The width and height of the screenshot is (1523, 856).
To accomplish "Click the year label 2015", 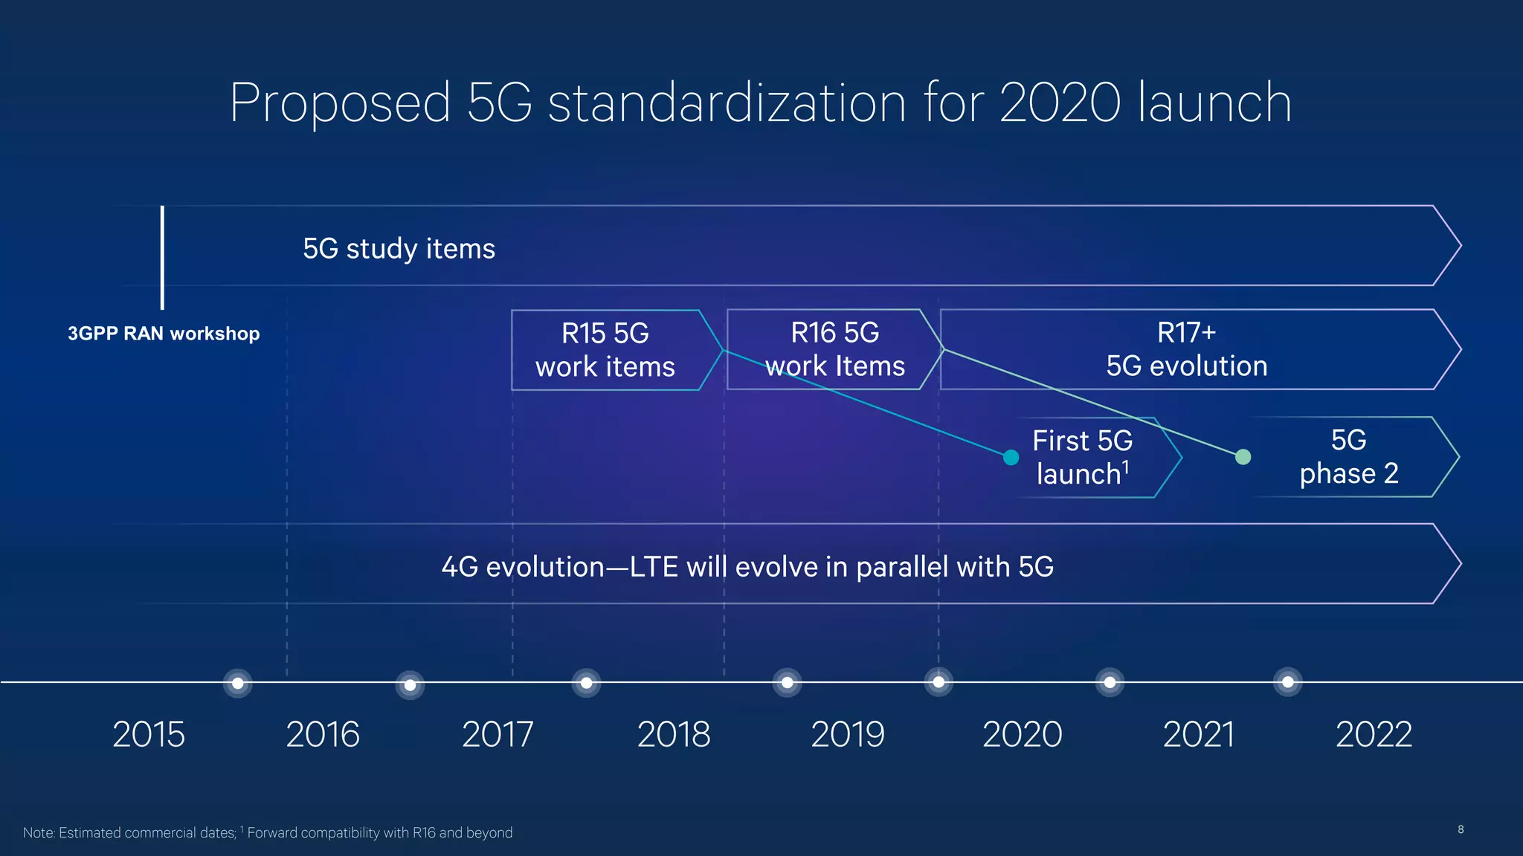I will [x=149, y=734].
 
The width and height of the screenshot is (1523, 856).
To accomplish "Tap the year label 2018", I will [x=674, y=734].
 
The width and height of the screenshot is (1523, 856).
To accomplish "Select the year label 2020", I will [x=1023, y=734].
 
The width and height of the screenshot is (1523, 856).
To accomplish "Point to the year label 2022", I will [x=1374, y=734].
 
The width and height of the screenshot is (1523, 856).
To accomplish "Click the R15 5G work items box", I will [x=605, y=350].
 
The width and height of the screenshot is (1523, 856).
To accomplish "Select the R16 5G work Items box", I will [x=834, y=349].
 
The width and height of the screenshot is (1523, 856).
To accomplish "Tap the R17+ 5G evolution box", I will [x=1186, y=349].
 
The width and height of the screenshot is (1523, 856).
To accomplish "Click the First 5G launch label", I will [x=1083, y=458].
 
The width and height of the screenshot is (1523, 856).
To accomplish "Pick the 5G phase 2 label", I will [x=1349, y=457].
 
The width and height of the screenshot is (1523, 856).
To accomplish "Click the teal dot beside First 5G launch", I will [x=1011, y=458].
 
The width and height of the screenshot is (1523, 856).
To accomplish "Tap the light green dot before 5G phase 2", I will [x=1243, y=457].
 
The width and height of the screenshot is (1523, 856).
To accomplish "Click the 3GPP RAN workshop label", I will [x=164, y=334].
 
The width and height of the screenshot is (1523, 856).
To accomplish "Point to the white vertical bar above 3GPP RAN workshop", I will [x=162, y=257].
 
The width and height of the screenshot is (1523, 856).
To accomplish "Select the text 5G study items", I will [x=399, y=249].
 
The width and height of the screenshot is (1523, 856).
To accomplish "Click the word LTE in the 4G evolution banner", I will [x=654, y=567].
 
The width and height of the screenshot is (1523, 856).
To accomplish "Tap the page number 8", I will [x=1461, y=829].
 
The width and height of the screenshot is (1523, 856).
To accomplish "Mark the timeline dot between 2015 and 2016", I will [x=238, y=683].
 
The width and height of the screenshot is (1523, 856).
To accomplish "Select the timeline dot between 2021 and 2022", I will [x=1288, y=682].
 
